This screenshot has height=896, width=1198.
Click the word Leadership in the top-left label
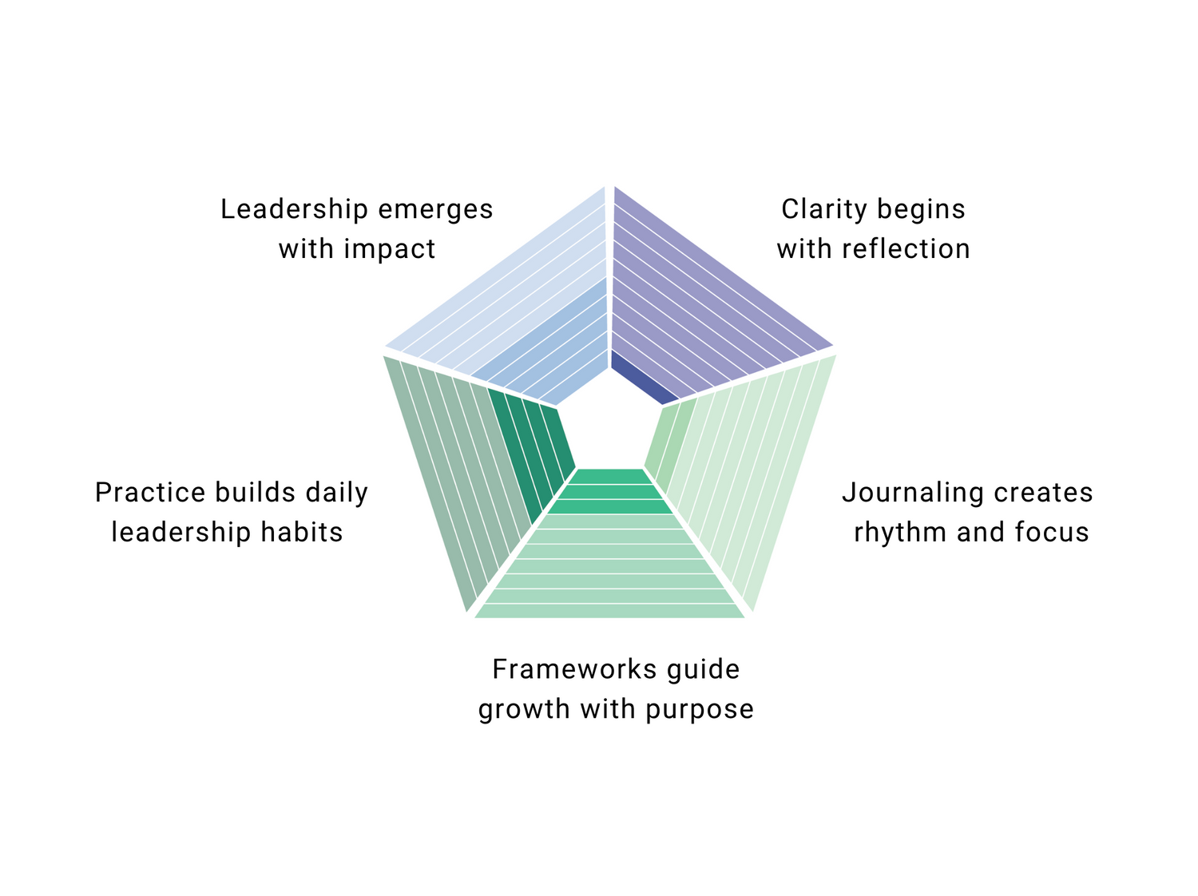tap(293, 210)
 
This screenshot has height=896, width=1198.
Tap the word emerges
tap(435, 210)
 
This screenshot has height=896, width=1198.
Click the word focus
tap(1052, 533)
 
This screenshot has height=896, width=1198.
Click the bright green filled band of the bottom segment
tap(611, 491)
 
